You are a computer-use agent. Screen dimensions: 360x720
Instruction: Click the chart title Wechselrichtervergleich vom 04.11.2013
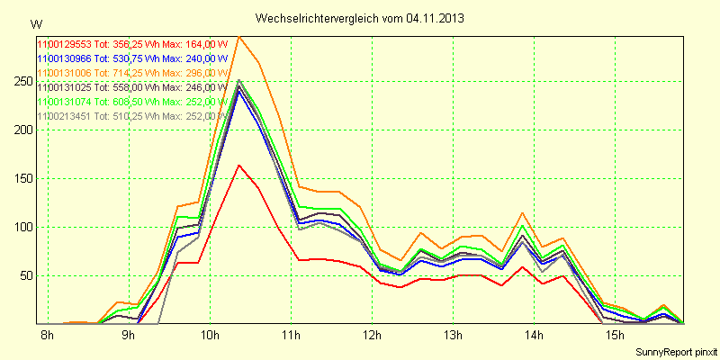[x=360, y=18]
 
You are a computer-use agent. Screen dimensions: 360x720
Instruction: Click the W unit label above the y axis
[x=35, y=23]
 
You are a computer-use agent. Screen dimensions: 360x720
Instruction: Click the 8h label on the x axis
[x=48, y=335]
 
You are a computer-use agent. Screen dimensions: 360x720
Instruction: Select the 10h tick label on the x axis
[x=209, y=335]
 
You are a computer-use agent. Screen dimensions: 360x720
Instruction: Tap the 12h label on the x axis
[x=371, y=335]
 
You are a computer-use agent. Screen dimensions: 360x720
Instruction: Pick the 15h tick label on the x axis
[x=614, y=335]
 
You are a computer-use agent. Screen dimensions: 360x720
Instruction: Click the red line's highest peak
[x=238, y=165]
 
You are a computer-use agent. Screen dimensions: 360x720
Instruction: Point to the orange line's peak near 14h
[x=522, y=212]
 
